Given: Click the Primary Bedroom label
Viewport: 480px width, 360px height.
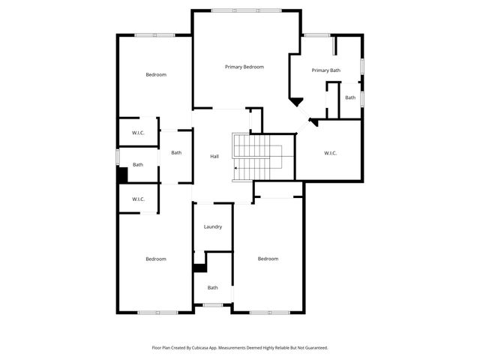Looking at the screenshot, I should [x=244, y=67].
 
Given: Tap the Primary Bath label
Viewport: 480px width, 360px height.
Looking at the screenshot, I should [x=326, y=70].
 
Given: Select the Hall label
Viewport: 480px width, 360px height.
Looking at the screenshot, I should [x=214, y=156].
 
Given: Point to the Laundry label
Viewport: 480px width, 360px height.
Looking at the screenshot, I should [x=213, y=226].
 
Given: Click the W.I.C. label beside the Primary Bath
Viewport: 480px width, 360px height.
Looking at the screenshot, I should [x=330, y=153].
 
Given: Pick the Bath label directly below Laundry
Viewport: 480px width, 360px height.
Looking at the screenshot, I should [x=213, y=287].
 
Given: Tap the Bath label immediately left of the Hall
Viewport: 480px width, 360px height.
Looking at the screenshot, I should [x=176, y=153].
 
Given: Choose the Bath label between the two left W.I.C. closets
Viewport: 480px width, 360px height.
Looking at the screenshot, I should [x=138, y=165].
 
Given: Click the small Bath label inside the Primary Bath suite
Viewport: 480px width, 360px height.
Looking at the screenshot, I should [x=350, y=97].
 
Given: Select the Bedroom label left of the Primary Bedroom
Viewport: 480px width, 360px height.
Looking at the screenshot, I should [x=156, y=74].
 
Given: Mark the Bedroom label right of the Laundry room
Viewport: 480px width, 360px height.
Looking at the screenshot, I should [x=268, y=259].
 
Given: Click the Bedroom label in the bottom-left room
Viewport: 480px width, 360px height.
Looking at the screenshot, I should [x=156, y=259].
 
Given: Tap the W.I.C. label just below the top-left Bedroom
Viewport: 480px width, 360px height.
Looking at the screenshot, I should [x=138, y=133].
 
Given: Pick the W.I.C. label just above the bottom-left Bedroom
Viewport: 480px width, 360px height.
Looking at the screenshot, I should [x=138, y=199].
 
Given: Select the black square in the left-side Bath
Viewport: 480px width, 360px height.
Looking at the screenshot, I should [x=122, y=175].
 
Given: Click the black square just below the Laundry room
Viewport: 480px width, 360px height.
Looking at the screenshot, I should [x=199, y=268].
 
